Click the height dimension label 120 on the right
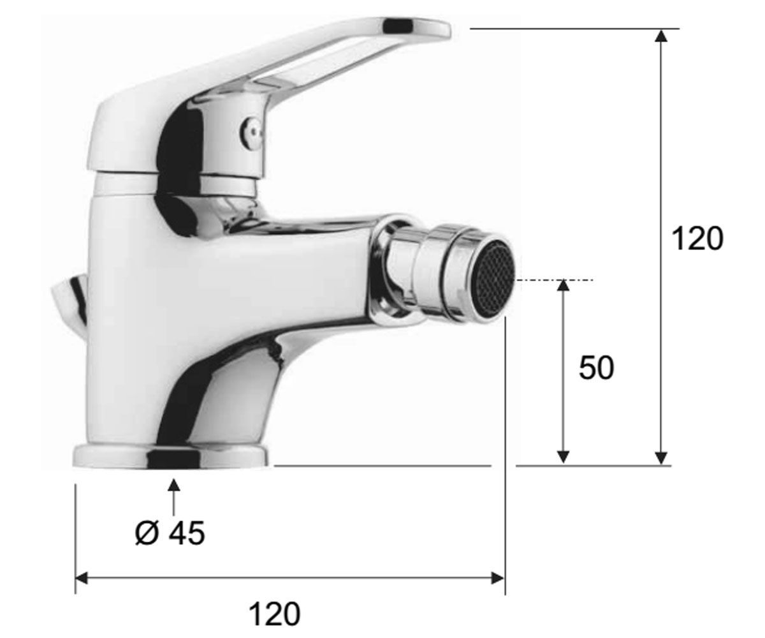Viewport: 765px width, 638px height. point(697,239)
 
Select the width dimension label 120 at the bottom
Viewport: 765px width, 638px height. point(274,614)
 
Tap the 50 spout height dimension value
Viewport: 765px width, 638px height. point(596,367)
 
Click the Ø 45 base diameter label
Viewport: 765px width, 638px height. point(170,533)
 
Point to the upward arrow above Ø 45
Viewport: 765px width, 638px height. point(173,497)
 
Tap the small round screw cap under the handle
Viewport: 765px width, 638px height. point(251,131)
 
